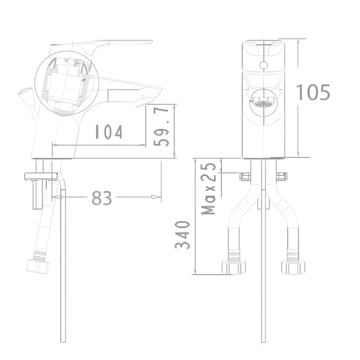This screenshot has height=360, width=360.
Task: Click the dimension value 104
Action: pos(108,132)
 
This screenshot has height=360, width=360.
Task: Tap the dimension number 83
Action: pos(102,198)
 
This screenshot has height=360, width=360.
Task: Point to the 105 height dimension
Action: pos(313,93)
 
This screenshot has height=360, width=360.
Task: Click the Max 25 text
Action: pos(209,188)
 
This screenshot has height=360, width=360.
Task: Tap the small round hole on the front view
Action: pos(263,64)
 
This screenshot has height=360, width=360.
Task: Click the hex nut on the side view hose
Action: pos(38,266)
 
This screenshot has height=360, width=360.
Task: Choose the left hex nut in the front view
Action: pos(234,267)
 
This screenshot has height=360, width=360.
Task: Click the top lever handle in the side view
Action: pos(120,43)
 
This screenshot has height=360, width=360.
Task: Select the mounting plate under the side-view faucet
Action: pos(41,176)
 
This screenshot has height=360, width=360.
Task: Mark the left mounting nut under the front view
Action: pos(245,176)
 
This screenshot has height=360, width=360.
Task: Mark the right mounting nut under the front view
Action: pos(282,176)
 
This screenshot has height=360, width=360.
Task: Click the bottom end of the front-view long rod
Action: pos(263,340)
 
